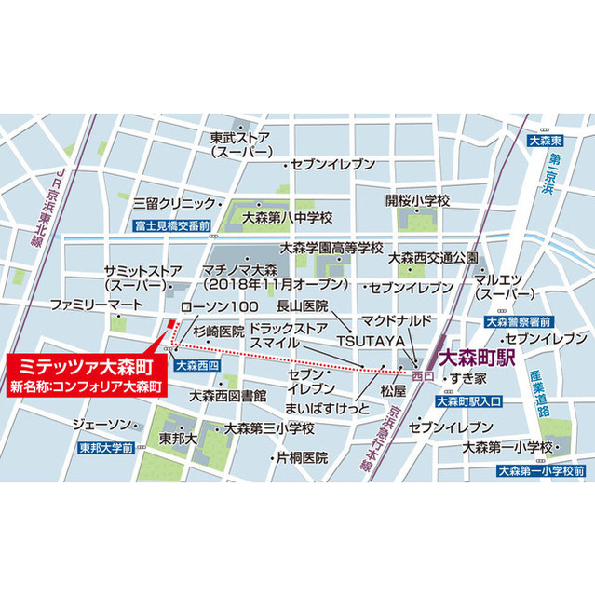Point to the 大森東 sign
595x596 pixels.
pyautogui.click(x=542, y=141)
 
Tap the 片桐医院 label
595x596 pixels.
pyautogui.click(x=300, y=458)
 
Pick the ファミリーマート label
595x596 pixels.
pyautogui.click(x=97, y=305)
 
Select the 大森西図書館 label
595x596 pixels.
pyautogui.click(x=227, y=395)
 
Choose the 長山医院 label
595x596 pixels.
pyautogui.click(x=302, y=305)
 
